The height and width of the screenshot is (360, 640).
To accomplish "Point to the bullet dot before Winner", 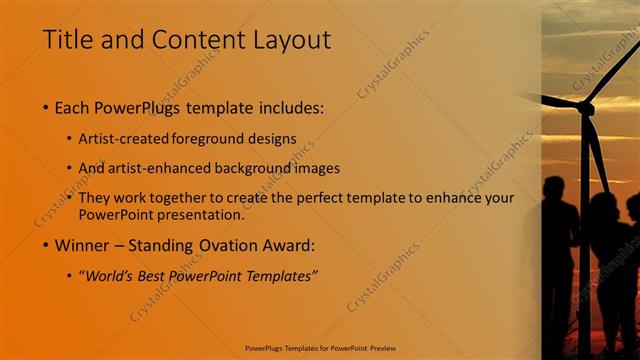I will coord(47,245).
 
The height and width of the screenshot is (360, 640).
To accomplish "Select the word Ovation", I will coord(232,245).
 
